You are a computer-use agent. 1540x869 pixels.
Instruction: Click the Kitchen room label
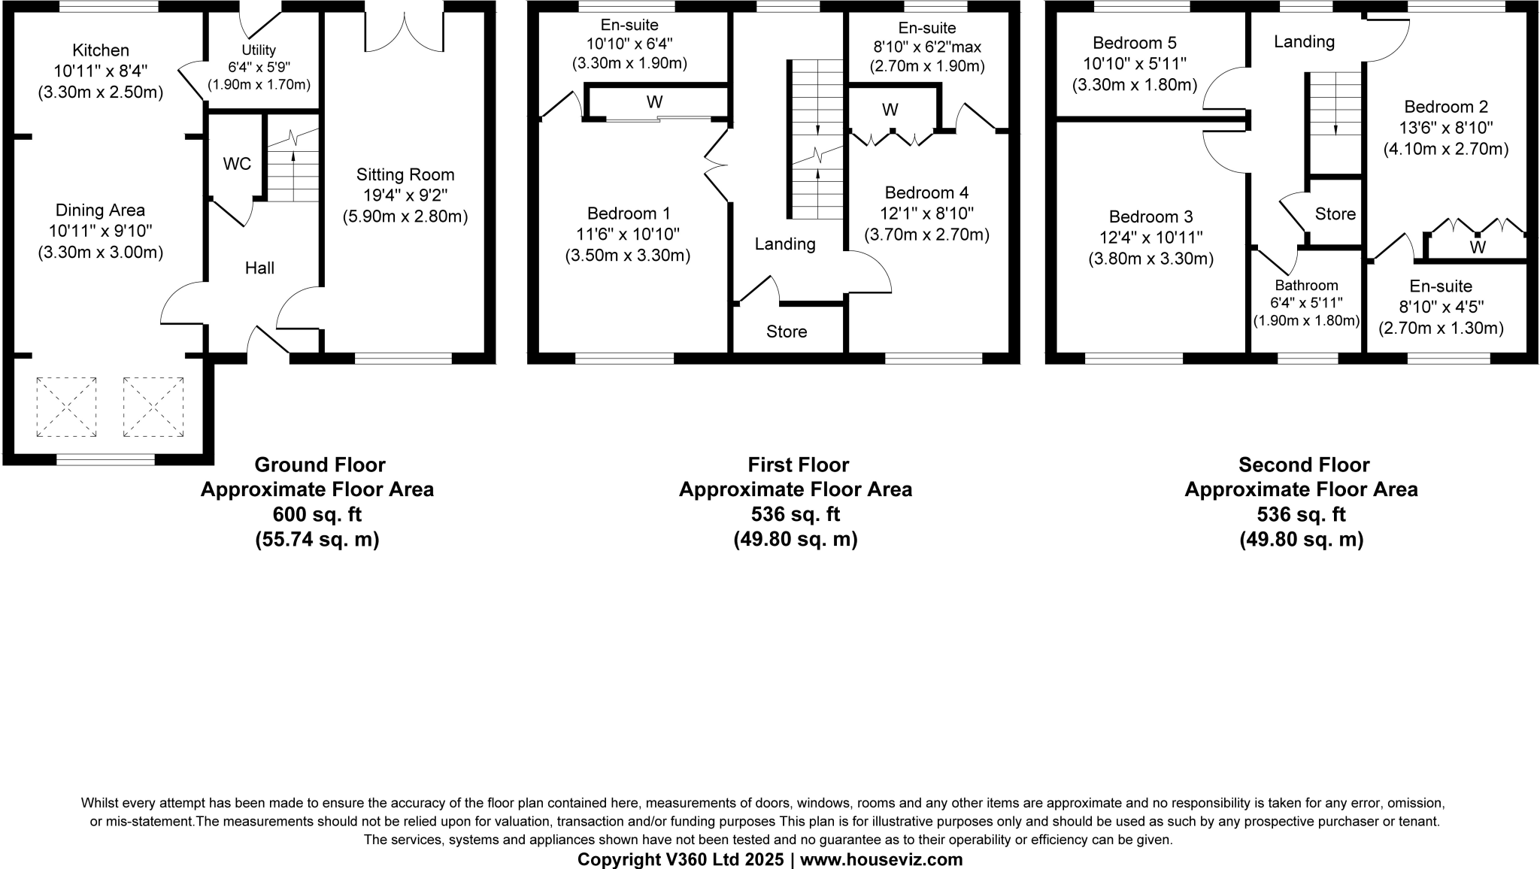pyautogui.click(x=101, y=50)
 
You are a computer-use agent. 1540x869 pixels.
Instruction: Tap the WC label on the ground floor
pyautogui.click(x=237, y=164)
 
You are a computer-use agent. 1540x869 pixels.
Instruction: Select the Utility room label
pyautogui.click(x=258, y=50)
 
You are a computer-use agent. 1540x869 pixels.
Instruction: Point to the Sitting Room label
pyautogui.click(x=405, y=175)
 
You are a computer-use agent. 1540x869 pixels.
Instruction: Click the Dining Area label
pyautogui.click(x=100, y=210)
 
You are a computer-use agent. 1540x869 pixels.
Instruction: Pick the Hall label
pyautogui.click(x=259, y=268)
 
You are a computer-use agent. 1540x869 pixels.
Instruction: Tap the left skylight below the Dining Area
pyautogui.click(x=66, y=407)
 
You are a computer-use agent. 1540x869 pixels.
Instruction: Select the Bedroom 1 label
pyautogui.click(x=629, y=213)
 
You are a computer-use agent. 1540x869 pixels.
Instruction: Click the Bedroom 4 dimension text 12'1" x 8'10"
pyautogui.click(x=926, y=213)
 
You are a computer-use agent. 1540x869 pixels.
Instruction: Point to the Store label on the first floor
pyautogui.click(x=787, y=332)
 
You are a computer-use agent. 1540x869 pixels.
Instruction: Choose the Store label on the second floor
pyautogui.click(x=1335, y=214)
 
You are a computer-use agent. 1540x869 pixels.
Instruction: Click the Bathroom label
pyautogui.click(x=1306, y=285)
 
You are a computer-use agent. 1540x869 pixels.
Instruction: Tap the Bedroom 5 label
pyautogui.click(x=1135, y=43)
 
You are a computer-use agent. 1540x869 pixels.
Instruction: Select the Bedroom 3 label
pyautogui.click(x=1150, y=217)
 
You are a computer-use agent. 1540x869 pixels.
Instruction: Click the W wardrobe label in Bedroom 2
pyautogui.click(x=1478, y=247)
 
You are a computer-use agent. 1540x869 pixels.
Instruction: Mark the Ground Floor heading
pyautogui.click(x=320, y=465)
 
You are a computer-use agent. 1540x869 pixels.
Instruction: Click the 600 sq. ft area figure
pyautogui.click(x=317, y=515)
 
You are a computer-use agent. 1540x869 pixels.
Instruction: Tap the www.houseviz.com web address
pyautogui.click(x=881, y=859)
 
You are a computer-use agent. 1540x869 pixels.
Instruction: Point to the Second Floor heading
pyautogui.click(x=1304, y=465)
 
